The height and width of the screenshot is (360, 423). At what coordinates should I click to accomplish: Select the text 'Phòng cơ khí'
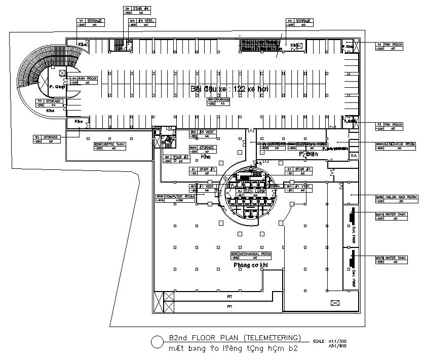[250, 265]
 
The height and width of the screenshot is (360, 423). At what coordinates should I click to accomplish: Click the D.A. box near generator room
[354, 155]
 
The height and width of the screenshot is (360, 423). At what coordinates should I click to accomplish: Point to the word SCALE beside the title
[319, 341]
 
